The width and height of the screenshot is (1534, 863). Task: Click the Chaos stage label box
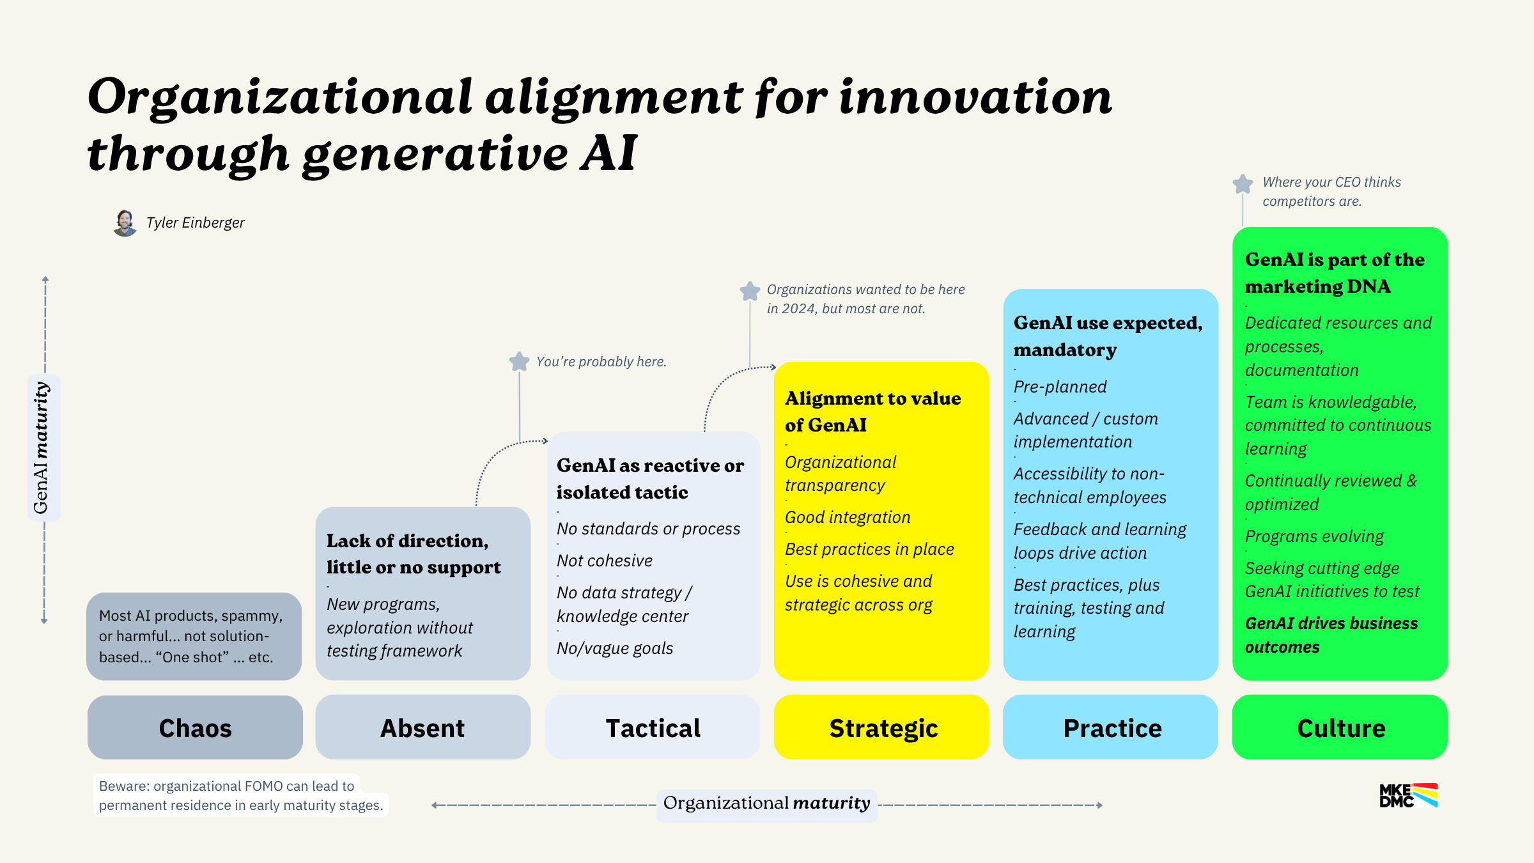(195, 727)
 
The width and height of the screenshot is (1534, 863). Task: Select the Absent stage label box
(422, 727)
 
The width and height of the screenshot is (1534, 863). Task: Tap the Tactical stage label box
(652, 727)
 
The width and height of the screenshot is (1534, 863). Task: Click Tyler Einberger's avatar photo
(125, 223)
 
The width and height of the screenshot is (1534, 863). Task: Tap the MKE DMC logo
(1408, 796)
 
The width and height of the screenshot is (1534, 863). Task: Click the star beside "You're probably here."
(519, 362)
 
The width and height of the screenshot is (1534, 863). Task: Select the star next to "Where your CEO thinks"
(1243, 184)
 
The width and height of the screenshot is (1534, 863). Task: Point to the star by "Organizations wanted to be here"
(750, 292)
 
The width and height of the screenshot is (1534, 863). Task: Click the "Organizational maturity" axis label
(766, 804)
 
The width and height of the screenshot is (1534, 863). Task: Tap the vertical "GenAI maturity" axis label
(42, 447)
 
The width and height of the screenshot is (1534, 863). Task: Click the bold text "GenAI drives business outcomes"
(1331, 635)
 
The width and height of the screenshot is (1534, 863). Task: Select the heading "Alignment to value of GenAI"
(872, 411)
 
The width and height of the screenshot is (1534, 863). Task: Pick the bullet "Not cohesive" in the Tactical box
(604, 561)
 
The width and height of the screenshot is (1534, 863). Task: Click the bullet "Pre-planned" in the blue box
(1060, 387)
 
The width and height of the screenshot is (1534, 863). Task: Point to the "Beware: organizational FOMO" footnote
(241, 795)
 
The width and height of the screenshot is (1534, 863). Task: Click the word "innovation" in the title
(975, 97)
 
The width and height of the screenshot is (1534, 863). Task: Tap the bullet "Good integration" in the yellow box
(848, 517)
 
